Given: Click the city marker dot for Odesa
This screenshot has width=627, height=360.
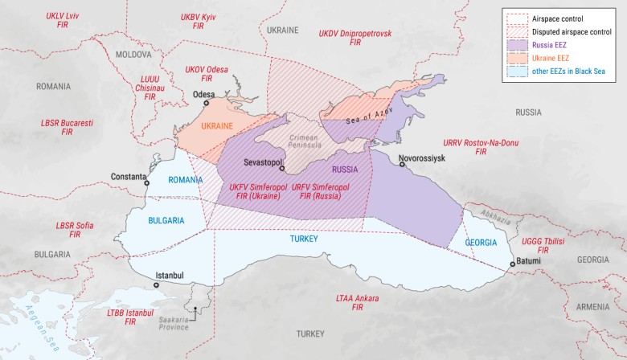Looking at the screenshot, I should [206, 104].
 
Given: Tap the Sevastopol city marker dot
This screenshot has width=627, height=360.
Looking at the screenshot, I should [281, 170].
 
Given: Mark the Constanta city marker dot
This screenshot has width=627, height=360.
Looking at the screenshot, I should [146, 182].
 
